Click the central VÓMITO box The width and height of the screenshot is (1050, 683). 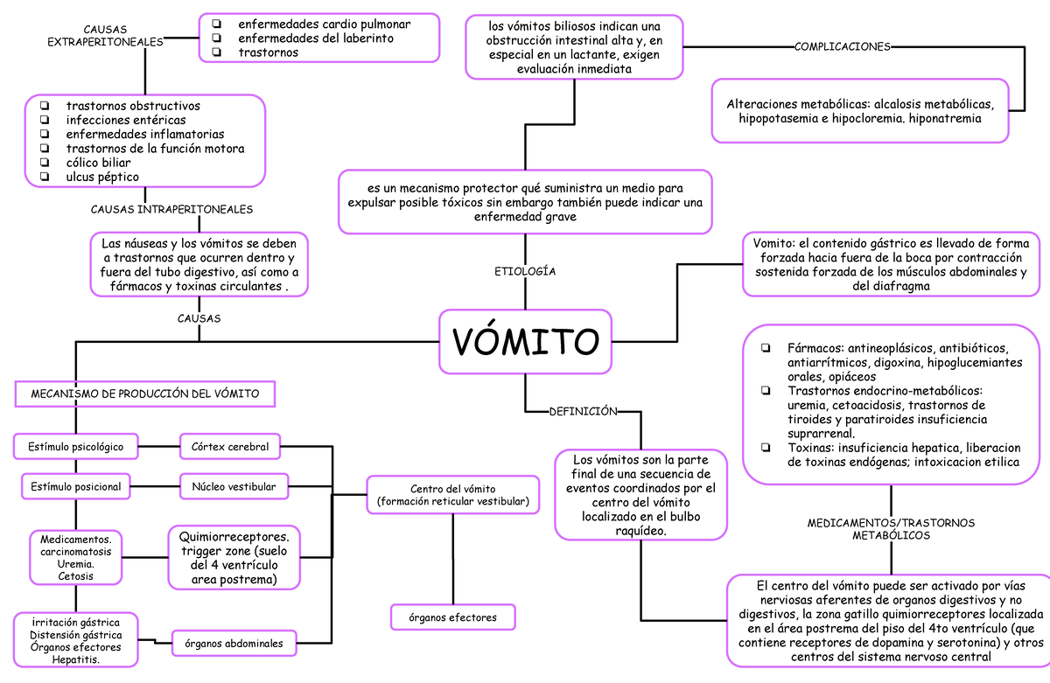[x=525, y=339]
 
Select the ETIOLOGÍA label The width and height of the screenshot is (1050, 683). [x=525, y=271]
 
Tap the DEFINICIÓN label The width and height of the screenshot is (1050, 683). [x=583, y=410]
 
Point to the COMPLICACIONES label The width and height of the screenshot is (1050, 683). [x=843, y=46]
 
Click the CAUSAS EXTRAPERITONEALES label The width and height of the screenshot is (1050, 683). [x=105, y=36]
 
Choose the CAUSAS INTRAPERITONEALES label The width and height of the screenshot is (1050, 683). [x=172, y=210]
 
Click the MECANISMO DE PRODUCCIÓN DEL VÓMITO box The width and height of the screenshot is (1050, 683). [x=145, y=394]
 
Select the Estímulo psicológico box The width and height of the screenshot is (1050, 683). [x=75, y=447]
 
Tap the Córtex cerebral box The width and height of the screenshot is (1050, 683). [x=230, y=447]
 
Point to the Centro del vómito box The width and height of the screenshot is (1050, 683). [x=452, y=494]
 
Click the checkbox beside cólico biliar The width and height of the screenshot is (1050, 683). [x=44, y=163]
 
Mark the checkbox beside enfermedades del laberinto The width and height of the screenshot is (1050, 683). [x=217, y=38]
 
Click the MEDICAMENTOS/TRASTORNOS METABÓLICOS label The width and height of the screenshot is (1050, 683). [x=891, y=528]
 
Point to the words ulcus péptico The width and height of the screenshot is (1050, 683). [x=102, y=177]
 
